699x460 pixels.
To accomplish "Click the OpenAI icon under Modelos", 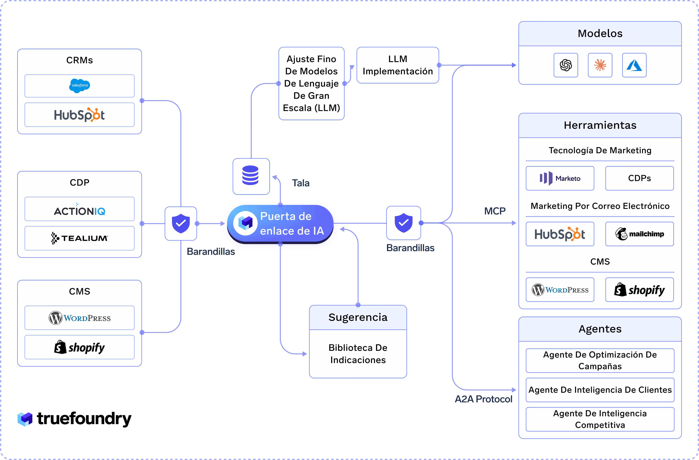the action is point(566,65).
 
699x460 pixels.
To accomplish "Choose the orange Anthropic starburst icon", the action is point(600,65).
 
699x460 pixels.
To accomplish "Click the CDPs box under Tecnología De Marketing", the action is point(639,178).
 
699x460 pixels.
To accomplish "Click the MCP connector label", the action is point(495,211).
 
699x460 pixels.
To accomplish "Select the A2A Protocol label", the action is point(483,399).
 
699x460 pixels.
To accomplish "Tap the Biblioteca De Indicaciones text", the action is point(358,354).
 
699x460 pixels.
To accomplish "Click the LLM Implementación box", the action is point(398,65).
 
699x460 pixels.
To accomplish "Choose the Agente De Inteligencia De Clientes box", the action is point(600,390).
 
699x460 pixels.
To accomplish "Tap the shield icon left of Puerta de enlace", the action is point(181,223).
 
